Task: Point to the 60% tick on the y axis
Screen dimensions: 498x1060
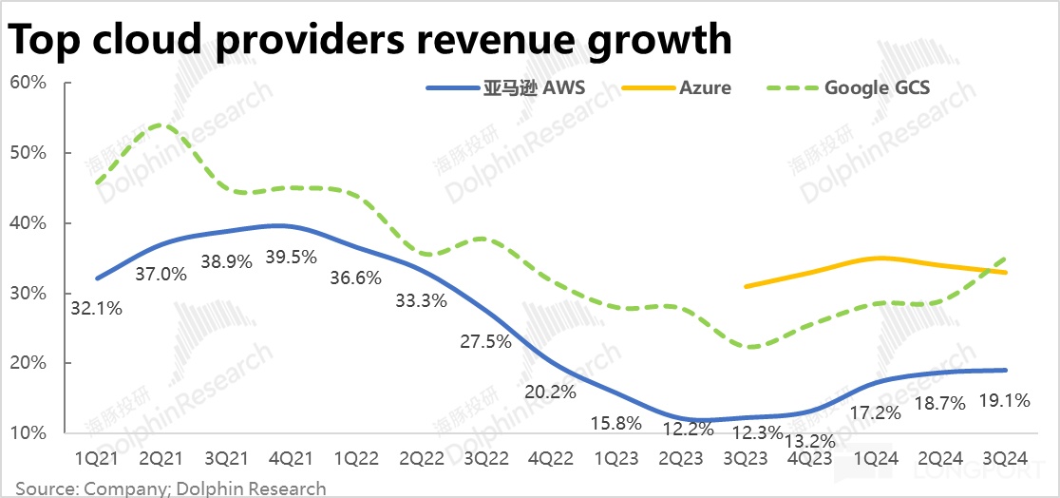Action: click(28, 83)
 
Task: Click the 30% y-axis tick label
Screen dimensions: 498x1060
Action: click(28, 293)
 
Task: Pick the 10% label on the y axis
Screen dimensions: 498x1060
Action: click(28, 433)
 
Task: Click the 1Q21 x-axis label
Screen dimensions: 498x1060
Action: click(97, 458)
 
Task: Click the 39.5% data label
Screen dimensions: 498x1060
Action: click(291, 257)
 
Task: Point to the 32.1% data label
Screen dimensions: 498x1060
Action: click(96, 308)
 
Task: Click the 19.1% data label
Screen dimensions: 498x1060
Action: click(1004, 401)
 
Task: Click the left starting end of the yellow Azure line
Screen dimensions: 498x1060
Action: click(746, 286)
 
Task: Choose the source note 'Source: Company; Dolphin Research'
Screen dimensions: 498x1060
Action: click(171, 488)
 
